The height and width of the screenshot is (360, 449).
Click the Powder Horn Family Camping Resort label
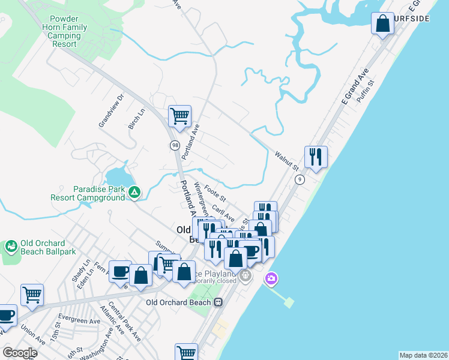[x=64, y=32]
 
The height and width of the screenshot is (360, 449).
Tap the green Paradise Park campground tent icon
[x=135, y=193]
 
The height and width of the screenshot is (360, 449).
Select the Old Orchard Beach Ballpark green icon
[x=11, y=247]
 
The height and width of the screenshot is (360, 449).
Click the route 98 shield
[x=175, y=145]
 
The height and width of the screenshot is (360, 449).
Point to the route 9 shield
[x=300, y=179]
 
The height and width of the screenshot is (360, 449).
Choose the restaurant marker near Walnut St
[x=316, y=156]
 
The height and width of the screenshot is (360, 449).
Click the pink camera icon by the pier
[x=271, y=278]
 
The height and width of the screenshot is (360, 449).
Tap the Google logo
[x=20, y=353]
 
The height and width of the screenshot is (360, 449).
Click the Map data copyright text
[x=423, y=355]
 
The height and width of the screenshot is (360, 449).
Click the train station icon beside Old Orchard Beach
[x=218, y=302]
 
